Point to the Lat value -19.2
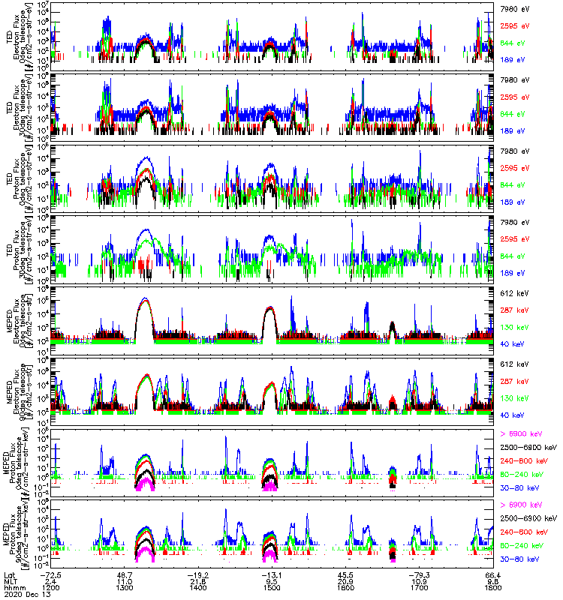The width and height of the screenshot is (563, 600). pos(200,574)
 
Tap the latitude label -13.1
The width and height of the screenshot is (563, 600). pos(270,574)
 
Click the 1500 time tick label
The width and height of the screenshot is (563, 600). pos(272,587)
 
